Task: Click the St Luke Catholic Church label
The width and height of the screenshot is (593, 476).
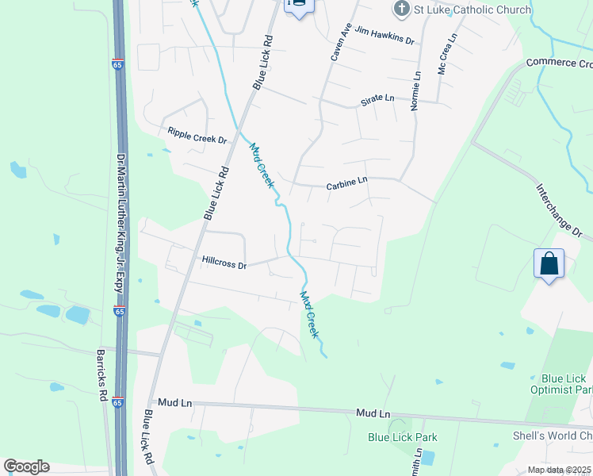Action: [457, 10]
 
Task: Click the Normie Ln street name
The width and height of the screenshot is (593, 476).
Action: [415, 88]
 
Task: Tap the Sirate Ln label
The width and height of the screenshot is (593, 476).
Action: [377, 98]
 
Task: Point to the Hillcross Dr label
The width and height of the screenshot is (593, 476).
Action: [224, 261]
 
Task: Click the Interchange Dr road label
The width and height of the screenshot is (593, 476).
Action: [559, 212]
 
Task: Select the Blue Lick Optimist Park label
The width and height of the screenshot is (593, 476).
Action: [563, 384]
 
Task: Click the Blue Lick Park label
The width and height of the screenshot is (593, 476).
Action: [403, 437]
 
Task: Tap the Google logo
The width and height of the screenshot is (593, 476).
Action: [26, 466]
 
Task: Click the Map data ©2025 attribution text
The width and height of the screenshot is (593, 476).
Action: [558, 470]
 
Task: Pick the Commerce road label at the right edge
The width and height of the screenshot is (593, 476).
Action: [559, 63]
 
